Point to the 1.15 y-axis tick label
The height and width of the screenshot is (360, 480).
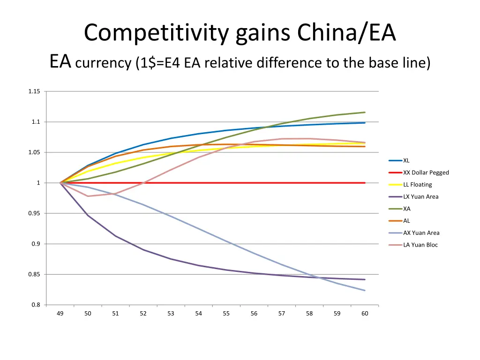click(x=34, y=91)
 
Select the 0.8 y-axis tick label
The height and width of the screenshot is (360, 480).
click(x=36, y=305)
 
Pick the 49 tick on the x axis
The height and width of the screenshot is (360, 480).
click(x=60, y=314)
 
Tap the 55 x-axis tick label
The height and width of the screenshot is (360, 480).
click(x=226, y=314)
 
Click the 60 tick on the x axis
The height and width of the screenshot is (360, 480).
click(x=365, y=314)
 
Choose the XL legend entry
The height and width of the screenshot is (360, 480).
click(x=406, y=160)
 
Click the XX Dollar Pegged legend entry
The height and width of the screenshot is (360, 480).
click(x=426, y=172)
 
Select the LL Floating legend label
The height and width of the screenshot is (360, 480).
click(x=417, y=185)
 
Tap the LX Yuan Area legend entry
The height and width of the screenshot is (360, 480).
click(x=420, y=197)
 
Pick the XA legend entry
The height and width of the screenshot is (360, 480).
click(x=406, y=209)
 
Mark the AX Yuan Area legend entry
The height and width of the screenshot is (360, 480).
click(x=421, y=233)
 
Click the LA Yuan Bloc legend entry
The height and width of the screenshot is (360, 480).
click(x=420, y=245)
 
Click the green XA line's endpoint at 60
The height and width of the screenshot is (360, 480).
click(x=365, y=112)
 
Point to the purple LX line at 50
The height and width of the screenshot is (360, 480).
click(x=88, y=215)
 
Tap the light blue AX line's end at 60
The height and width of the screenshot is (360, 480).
click(x=365, y=291)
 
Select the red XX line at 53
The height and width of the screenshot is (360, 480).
click(x=171, y=183)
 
